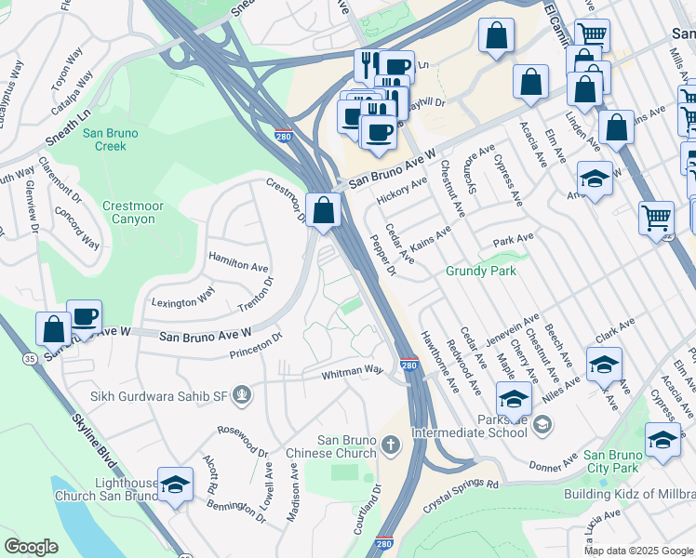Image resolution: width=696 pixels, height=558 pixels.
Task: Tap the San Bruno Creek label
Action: click(x=110, y=139)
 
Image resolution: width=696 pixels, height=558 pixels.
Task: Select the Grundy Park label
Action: click(x=479, y=271)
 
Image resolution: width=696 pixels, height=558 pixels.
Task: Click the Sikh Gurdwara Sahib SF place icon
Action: click(x=242, y=395)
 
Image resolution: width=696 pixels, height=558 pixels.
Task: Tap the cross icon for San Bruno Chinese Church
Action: click(x=390, y=444)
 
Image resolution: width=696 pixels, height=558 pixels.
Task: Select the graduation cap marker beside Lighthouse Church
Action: click(x=174, y=485)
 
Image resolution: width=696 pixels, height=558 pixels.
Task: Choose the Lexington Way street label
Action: click(x=183, y=298)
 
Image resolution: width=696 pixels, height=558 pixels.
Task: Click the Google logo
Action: click(x=32, y=547)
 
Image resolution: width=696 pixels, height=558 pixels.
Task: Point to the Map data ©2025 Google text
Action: click(x=638, y=551)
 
